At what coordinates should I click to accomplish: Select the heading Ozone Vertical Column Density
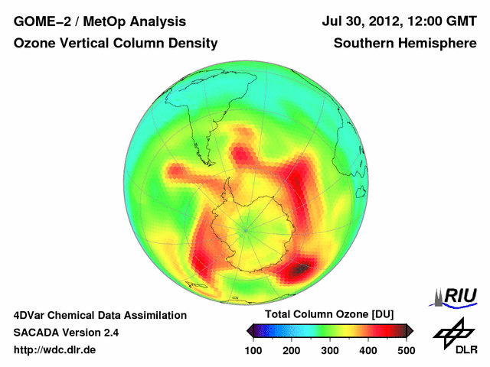115,44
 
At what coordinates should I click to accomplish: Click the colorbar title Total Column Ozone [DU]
329,315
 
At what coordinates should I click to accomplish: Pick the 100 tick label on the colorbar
253,350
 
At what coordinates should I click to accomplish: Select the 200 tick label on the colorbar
292,350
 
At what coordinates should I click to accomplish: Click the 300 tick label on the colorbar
330,350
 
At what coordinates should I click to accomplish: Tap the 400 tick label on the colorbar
368,350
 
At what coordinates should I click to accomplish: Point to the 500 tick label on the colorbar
406,350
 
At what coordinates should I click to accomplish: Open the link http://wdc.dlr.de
55,350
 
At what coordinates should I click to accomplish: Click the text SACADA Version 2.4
66,333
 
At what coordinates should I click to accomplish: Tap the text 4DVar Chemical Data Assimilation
100,315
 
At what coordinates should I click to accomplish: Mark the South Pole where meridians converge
246,227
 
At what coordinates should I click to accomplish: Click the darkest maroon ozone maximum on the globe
303,268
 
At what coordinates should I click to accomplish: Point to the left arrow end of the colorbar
250,330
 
